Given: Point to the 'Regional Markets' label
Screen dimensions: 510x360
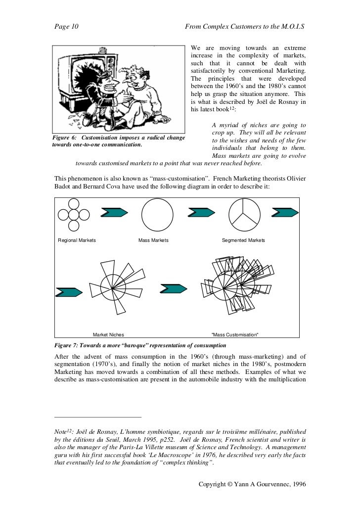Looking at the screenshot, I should point(77,240).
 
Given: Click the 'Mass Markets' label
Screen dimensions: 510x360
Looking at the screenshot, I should point(153,240).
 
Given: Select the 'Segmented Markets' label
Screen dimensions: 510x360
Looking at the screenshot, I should point(243,240).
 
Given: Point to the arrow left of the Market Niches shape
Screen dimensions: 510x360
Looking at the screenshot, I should point(69,292).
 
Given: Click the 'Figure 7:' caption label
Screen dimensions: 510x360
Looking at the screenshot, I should point(66,345).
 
